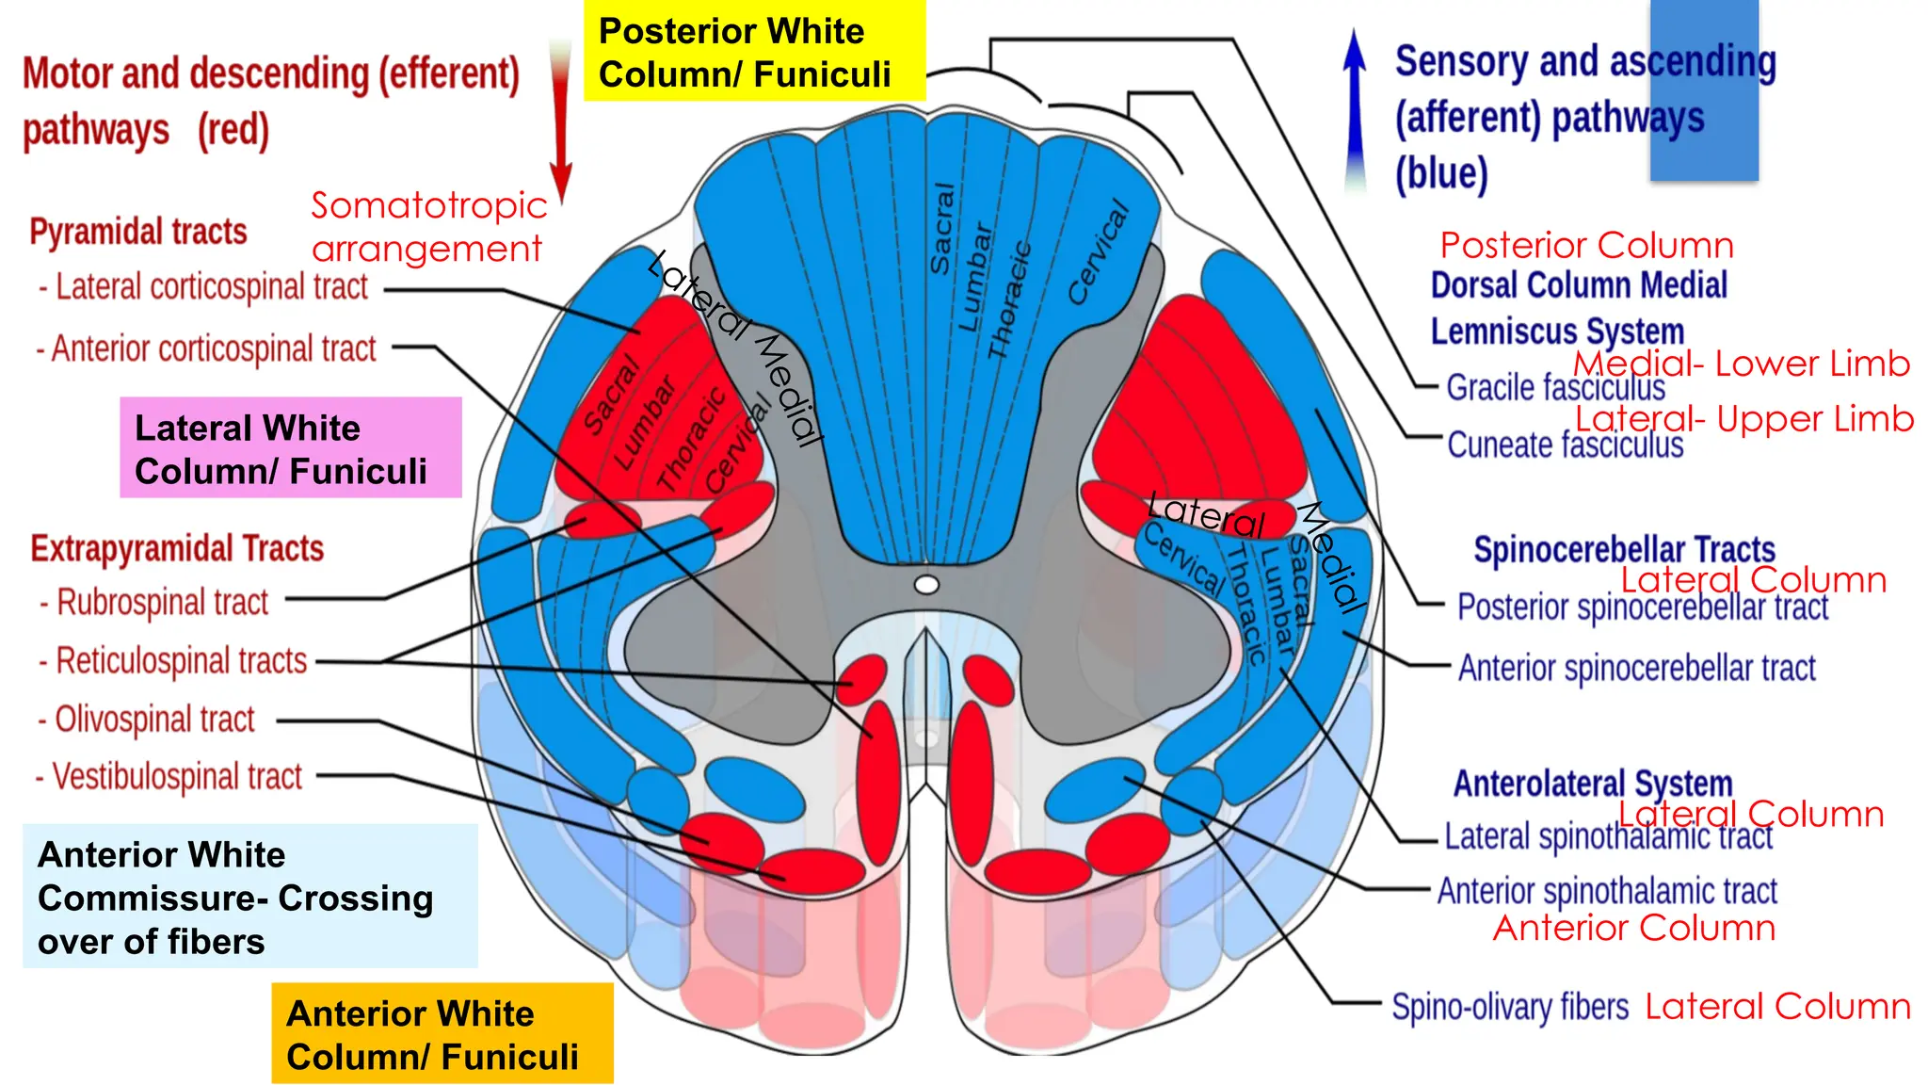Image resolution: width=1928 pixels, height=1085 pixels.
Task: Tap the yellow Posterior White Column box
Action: (754, 52)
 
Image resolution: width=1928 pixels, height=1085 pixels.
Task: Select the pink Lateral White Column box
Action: (290, 448)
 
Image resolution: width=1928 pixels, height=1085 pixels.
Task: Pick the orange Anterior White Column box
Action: (442, 1034)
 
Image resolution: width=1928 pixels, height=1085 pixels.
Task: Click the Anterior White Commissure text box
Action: (249, 897)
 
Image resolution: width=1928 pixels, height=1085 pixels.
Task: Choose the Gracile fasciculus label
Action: (1554, 387)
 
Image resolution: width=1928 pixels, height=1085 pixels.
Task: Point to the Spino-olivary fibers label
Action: (1510, 1007)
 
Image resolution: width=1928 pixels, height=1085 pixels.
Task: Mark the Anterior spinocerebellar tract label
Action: (1636, 668)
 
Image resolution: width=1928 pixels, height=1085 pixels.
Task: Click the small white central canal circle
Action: (926, 586)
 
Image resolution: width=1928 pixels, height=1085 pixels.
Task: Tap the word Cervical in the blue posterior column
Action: (1098, 251)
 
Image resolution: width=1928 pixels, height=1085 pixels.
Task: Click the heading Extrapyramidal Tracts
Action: (177, 549)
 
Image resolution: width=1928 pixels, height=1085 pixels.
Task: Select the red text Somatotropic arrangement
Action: (428, 227)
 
